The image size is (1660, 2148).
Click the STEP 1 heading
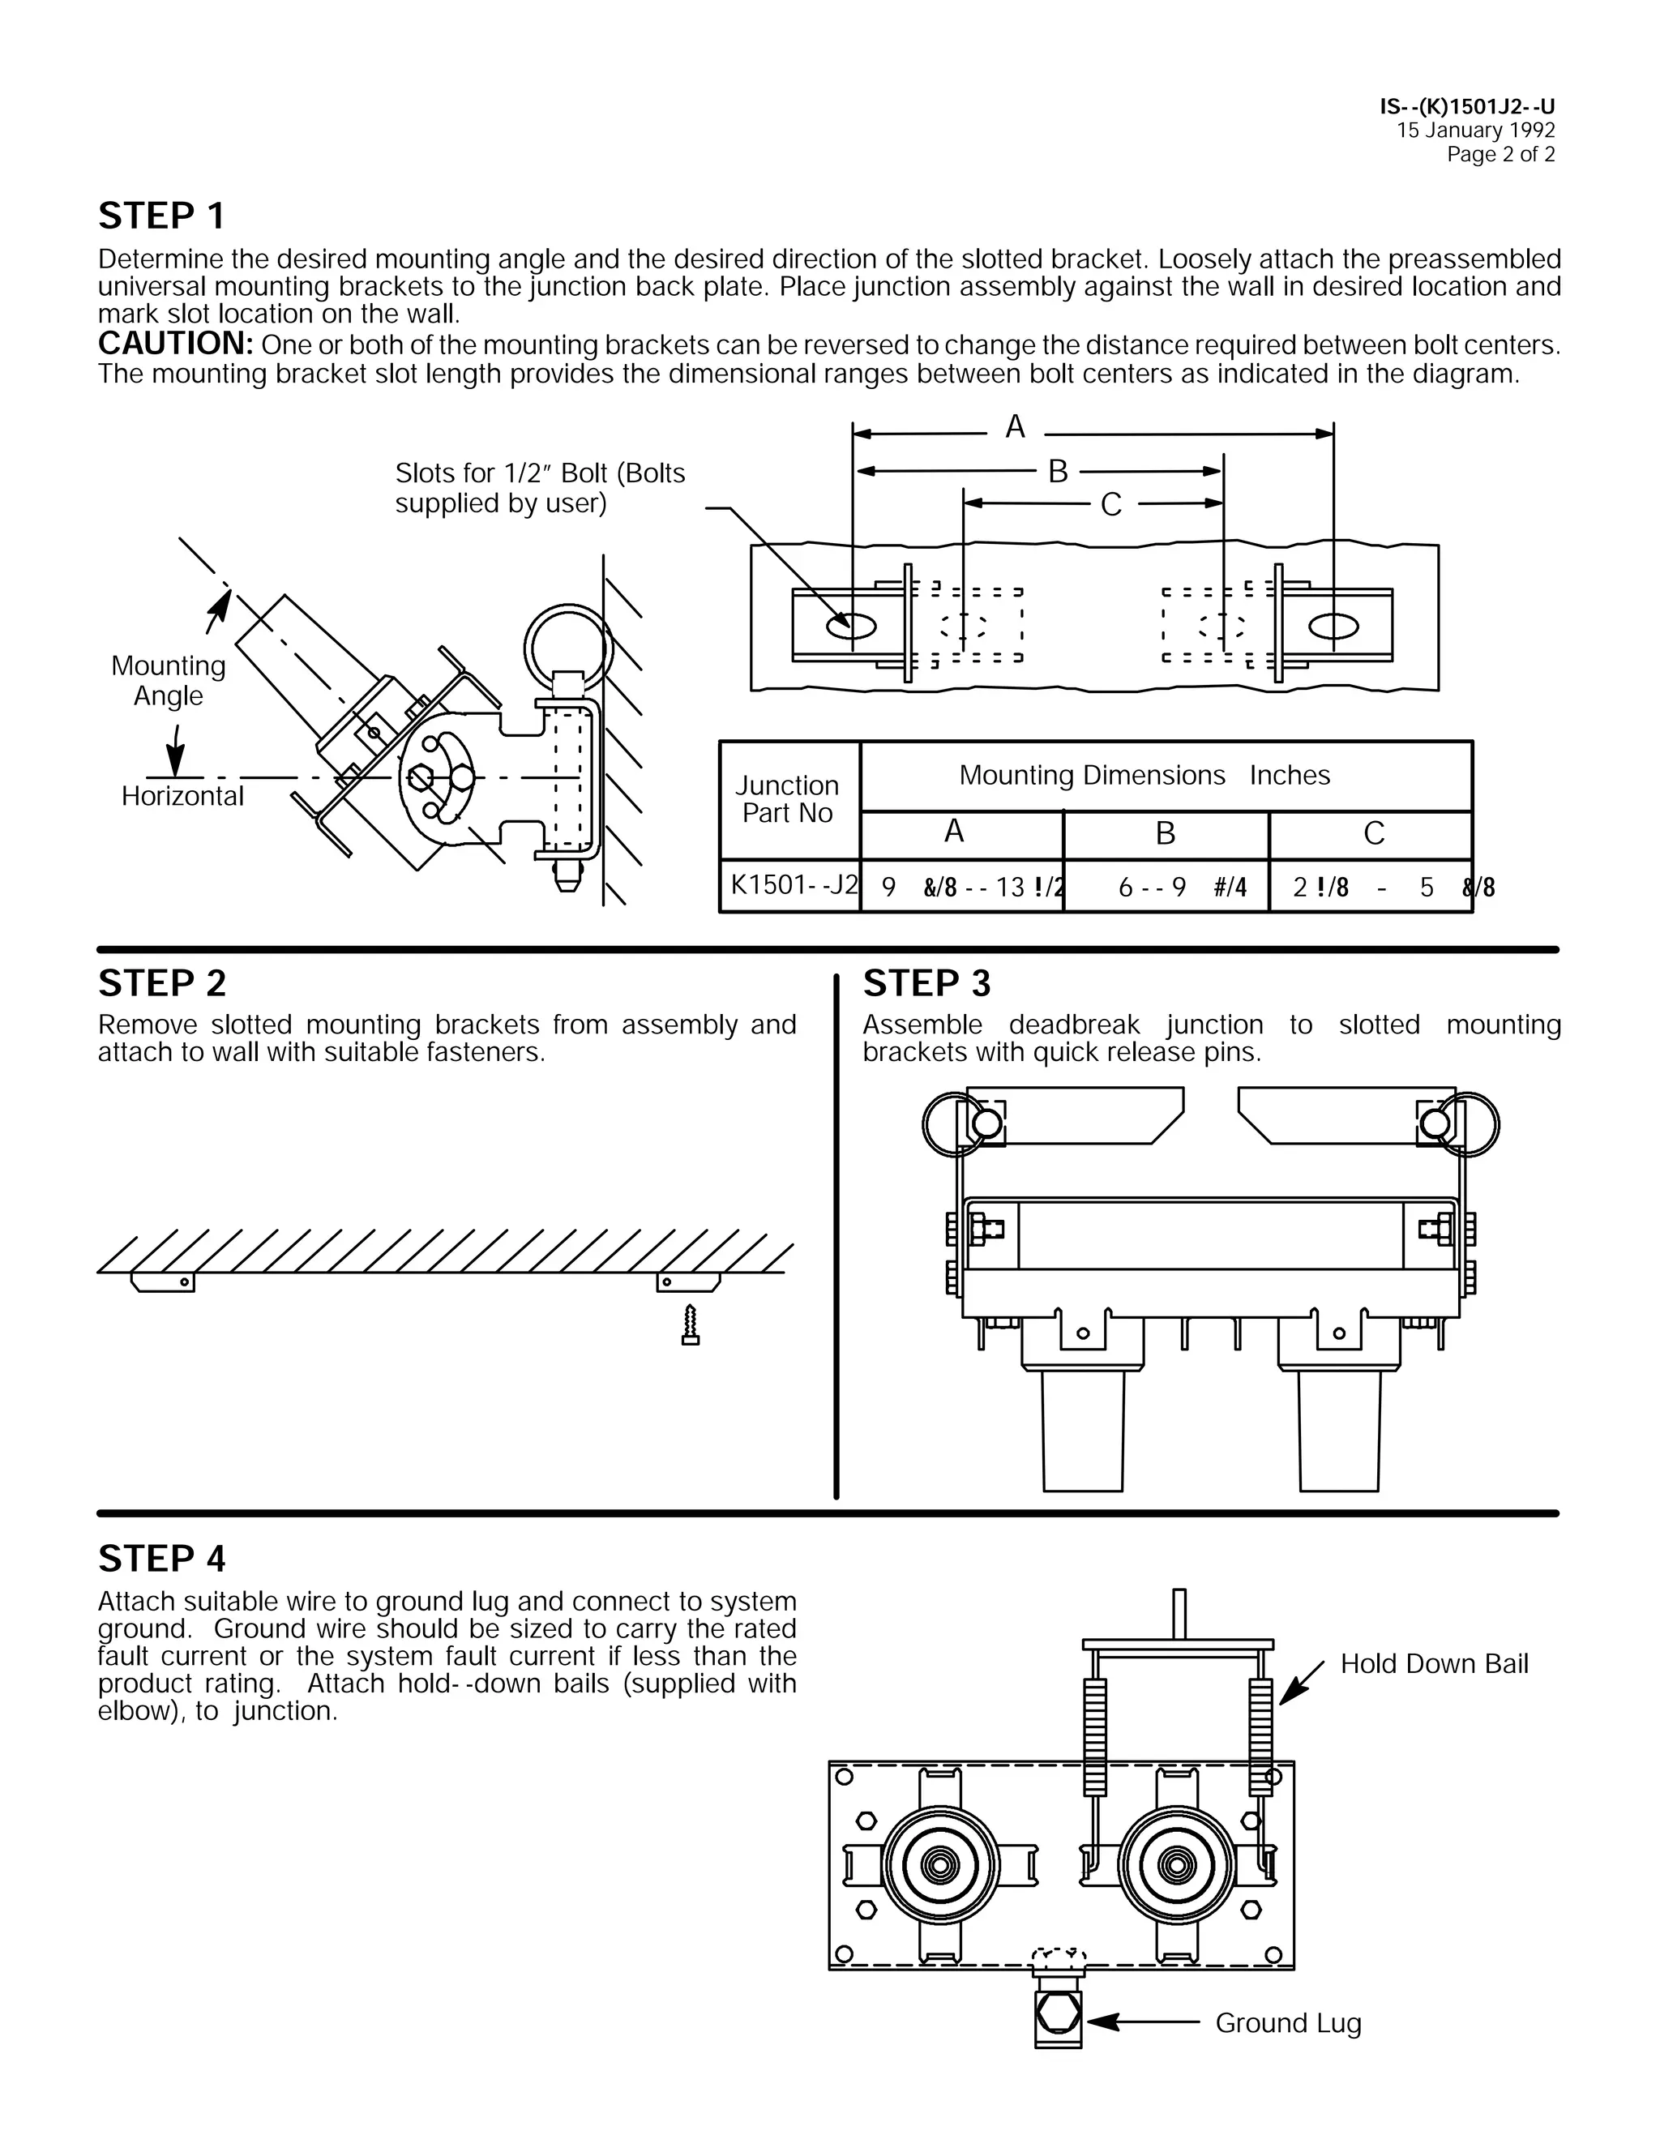161,216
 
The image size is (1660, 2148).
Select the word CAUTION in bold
176,344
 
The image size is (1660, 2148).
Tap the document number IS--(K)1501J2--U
1466,107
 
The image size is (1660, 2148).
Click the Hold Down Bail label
1434,1664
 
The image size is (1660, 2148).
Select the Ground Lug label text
1287,2023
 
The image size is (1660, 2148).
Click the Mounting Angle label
168,681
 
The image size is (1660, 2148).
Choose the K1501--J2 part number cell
790,885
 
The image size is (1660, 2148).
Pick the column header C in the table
1373,834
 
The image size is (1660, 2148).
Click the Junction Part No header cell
788,798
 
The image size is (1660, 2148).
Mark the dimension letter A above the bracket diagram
1015,427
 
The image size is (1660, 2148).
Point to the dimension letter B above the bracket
1057,472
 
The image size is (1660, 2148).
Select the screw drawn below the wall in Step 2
691,1324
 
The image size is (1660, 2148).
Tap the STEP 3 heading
926,983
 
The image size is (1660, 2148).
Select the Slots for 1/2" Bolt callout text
540,488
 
